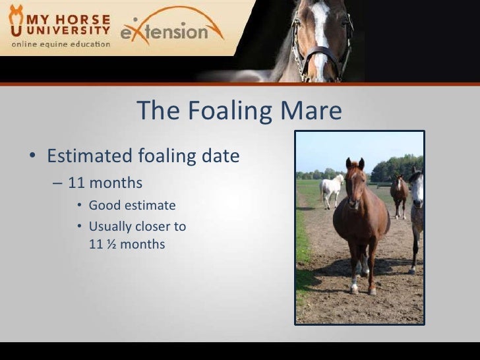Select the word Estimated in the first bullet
click(89, 157)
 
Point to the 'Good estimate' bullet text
click(132, 206)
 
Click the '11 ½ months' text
click(127, 244)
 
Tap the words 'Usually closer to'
click(137, 227)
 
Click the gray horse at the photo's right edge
click(417, 211)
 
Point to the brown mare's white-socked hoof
click(355, 288)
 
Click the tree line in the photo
click(396, 168)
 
